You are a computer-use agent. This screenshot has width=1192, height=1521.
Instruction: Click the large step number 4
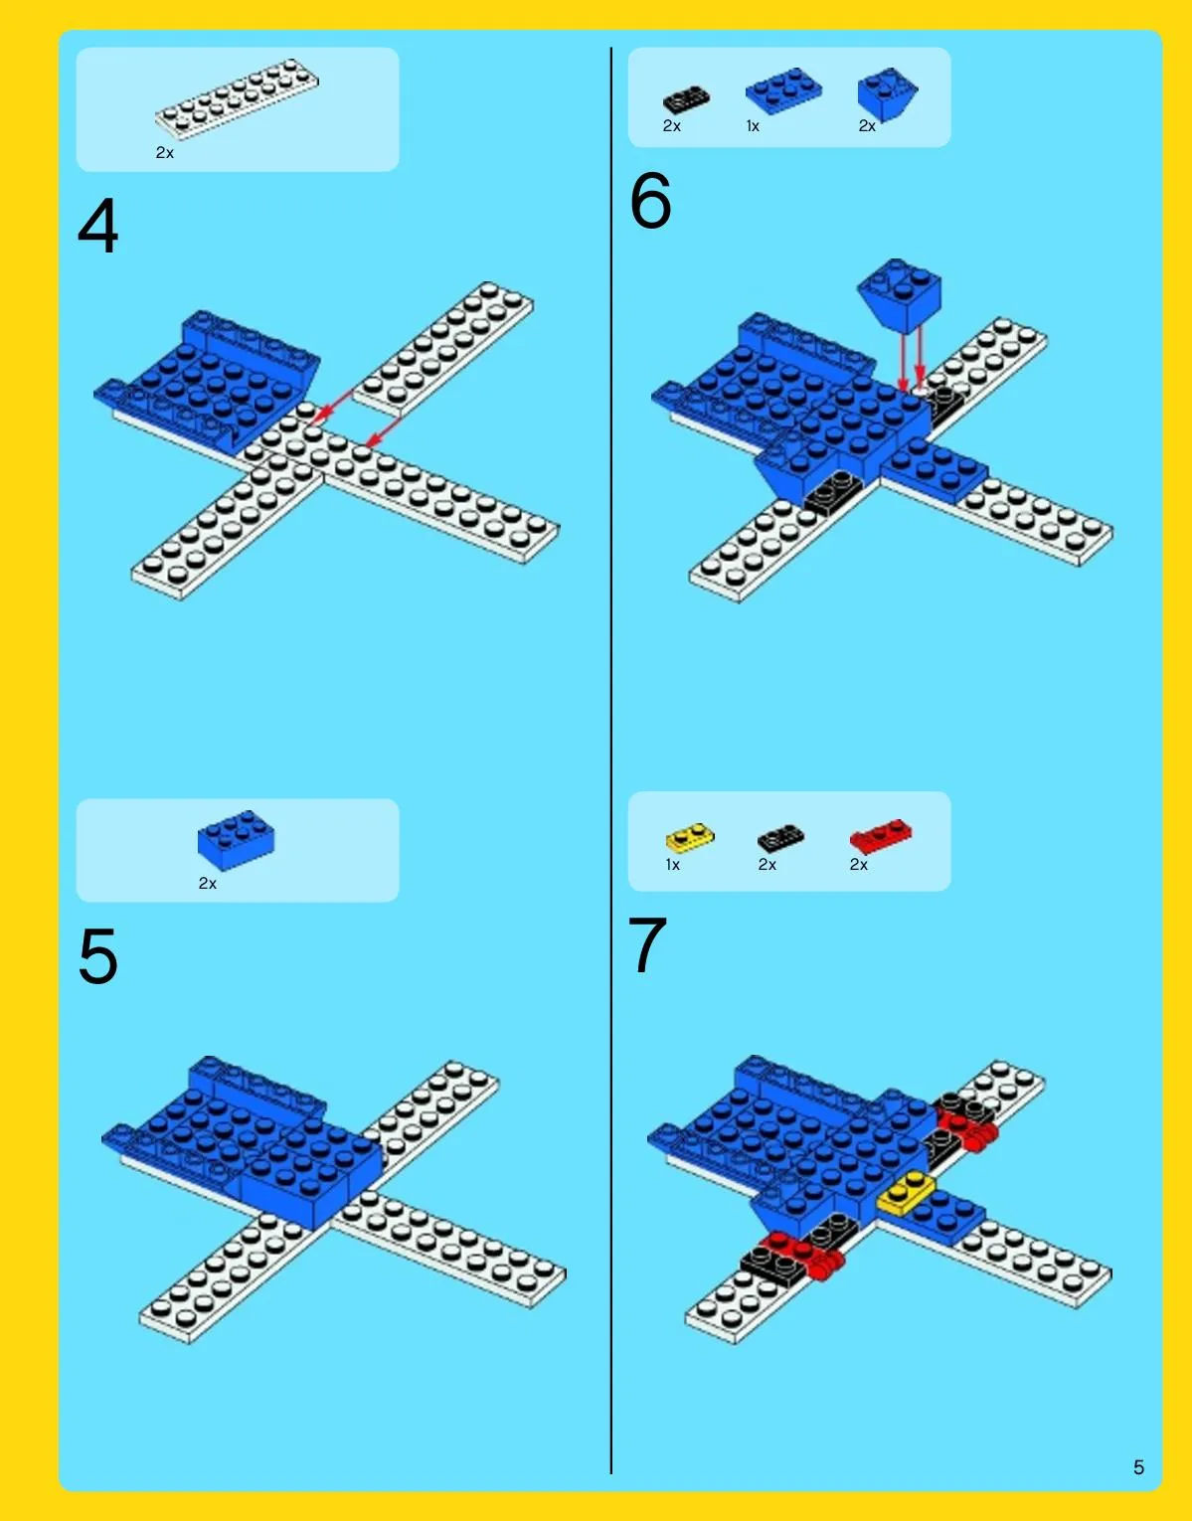pyautogui.click(x=98, y=226)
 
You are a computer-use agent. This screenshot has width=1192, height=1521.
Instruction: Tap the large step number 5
pyautogui.click(x=98, y=956)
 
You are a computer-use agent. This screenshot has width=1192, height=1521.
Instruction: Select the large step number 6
pyautogui.click(x=650, y=201)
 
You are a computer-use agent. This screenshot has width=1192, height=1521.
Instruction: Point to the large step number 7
pyautogui.click(x=647, y=945)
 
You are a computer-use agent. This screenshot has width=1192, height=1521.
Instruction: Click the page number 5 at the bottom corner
pyautogui.click(x=1138, y=1467)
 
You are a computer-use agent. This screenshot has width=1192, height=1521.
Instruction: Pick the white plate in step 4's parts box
pyautogui.click(x=237, y=98)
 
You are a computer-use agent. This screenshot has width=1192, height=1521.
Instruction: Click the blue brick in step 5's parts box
pyautogui.click(x=236, y=840)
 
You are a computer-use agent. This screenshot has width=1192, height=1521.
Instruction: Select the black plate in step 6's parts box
pyautogui.click(x=686, y=100)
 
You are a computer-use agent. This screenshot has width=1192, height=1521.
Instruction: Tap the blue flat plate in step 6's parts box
pyautogui.click(x=783, y=91)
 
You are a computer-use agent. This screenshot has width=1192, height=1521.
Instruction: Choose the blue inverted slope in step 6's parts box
pyautogui.click(x=887, y=93)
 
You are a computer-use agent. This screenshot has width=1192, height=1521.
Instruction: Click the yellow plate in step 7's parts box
pyautogui.click(x=689, y=837)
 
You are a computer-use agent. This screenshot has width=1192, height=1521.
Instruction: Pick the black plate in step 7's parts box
pyautogui.click(x=780, y=838)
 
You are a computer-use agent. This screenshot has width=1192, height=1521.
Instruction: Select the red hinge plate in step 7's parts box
pyautogui.click(x=881, y=836)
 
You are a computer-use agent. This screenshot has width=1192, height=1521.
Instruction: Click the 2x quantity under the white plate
pyautogui.click(x=164, y=152)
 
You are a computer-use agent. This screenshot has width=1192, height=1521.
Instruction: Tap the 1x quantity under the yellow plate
pyautogui.click(x=673, y=865)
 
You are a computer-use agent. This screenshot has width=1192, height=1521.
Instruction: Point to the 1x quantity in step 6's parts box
pyautogui.click(x=753, y=126)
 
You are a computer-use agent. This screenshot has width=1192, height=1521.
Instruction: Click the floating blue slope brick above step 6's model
pyautogui.click(x=900, y=294)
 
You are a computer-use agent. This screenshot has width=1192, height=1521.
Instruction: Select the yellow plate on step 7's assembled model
pyautogui.click(x=906, y=1192)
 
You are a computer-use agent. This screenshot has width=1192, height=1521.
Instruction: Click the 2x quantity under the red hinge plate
pyautogui.click(x=859, y=865)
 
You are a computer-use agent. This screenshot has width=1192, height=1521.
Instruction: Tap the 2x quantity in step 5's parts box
pyautogui.click(x=207, y=884)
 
